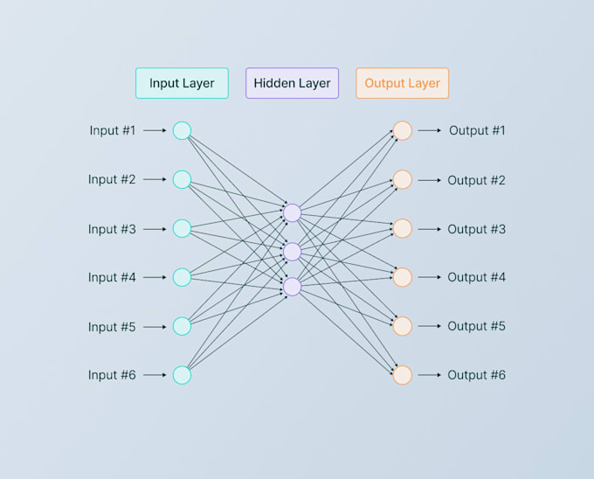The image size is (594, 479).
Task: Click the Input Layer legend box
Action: point(182,83)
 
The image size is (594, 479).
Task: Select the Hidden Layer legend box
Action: point(292,83)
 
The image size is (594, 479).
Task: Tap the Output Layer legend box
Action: point(402,83)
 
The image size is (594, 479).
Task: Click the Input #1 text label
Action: point(113,130)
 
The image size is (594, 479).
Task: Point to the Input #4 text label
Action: point(112,277)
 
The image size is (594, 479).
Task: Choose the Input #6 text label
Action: point(112,375)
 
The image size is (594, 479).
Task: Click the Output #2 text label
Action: point(476,180)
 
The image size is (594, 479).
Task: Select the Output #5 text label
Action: point(476,326)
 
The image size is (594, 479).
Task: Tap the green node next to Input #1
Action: point(182,130)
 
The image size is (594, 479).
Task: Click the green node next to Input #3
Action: point(182,228)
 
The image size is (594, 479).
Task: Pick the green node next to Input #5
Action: point(182,326)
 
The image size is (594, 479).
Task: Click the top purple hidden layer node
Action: point(292,212)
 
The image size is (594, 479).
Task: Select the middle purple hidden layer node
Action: point(292,252)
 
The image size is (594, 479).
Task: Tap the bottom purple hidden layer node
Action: point(292,286)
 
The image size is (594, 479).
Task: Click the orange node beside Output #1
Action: point(402,130)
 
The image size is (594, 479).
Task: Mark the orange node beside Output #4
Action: point(402,277)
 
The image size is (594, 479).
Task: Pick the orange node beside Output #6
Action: point(402,375)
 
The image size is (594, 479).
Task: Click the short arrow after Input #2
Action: point(155,180)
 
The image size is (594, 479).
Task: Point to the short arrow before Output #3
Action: point(429,229)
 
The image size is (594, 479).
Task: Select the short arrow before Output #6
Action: point(429,375)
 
